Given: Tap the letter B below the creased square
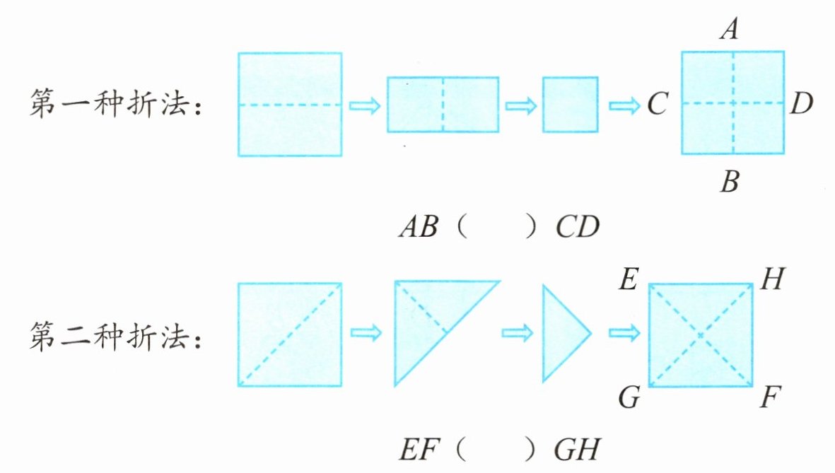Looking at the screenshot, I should (x=730, y=185).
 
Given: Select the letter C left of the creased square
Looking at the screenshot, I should (x=657, y=105).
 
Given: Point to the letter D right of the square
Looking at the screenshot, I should (x=802, y=105).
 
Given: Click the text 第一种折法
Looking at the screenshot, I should (x=117, y=106).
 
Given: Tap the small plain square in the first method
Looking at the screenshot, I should (x=570, y=105).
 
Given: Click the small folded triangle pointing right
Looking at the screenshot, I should (x=563, y=333).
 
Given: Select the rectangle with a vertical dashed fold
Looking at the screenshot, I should (x=443, y=105).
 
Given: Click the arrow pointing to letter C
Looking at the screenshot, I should (x=623, y=105).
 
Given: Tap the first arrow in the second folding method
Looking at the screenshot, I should (x=366, y=332).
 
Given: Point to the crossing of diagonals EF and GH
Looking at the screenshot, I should (x=701, y=334).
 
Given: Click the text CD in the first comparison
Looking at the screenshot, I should (x=577, y=228).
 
